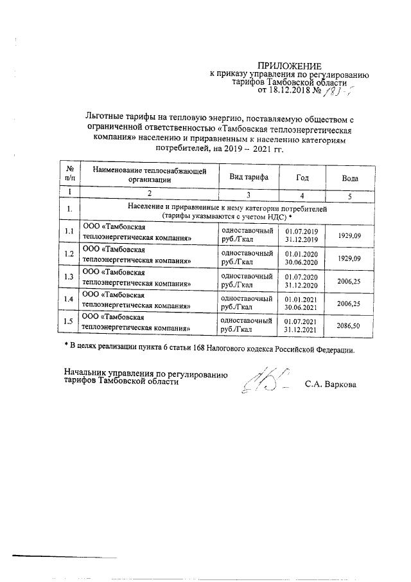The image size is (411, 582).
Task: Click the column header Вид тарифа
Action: pyautogui.click(x=244, y=176)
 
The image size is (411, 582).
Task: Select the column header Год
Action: pyautogui.click(x=302, y=176)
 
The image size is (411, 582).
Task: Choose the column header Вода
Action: pyautogui.click(x=349, y=176)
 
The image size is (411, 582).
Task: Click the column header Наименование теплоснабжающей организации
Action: pyautogui.click(x=149, y=176)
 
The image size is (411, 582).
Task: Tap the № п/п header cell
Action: pyautogui.click(x=69, y=176)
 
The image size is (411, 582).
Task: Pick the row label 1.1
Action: pyautogui.click(x=69, y=232)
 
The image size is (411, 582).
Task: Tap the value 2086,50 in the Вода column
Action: pyautogui.click(x=349, y=326)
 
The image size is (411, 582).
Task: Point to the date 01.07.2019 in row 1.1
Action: pyautogui.click(x=302, y=232)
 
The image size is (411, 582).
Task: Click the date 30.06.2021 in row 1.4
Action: pyautogui.click(x=302, y=307)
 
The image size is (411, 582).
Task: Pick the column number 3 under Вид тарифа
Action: pyautogui.click(x=244, y=193)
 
